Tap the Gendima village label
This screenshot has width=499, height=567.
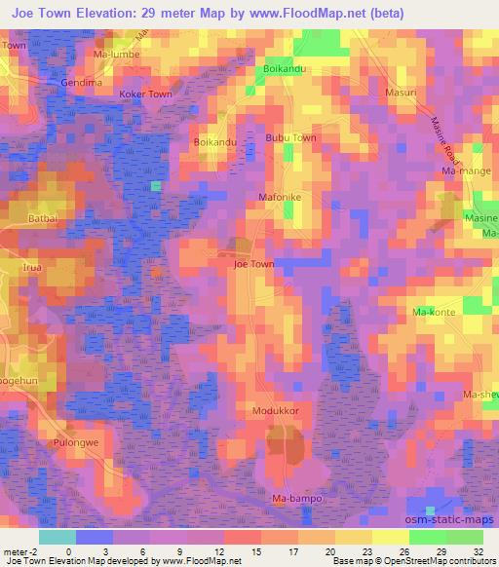click(x=82, y=83)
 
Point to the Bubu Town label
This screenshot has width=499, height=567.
click(x=291, y=138)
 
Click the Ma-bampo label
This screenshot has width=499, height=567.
click(x=295, y=500)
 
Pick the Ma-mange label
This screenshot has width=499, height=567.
click(x=464, y=171)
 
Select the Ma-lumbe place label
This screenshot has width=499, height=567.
click(x=117, y=55)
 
